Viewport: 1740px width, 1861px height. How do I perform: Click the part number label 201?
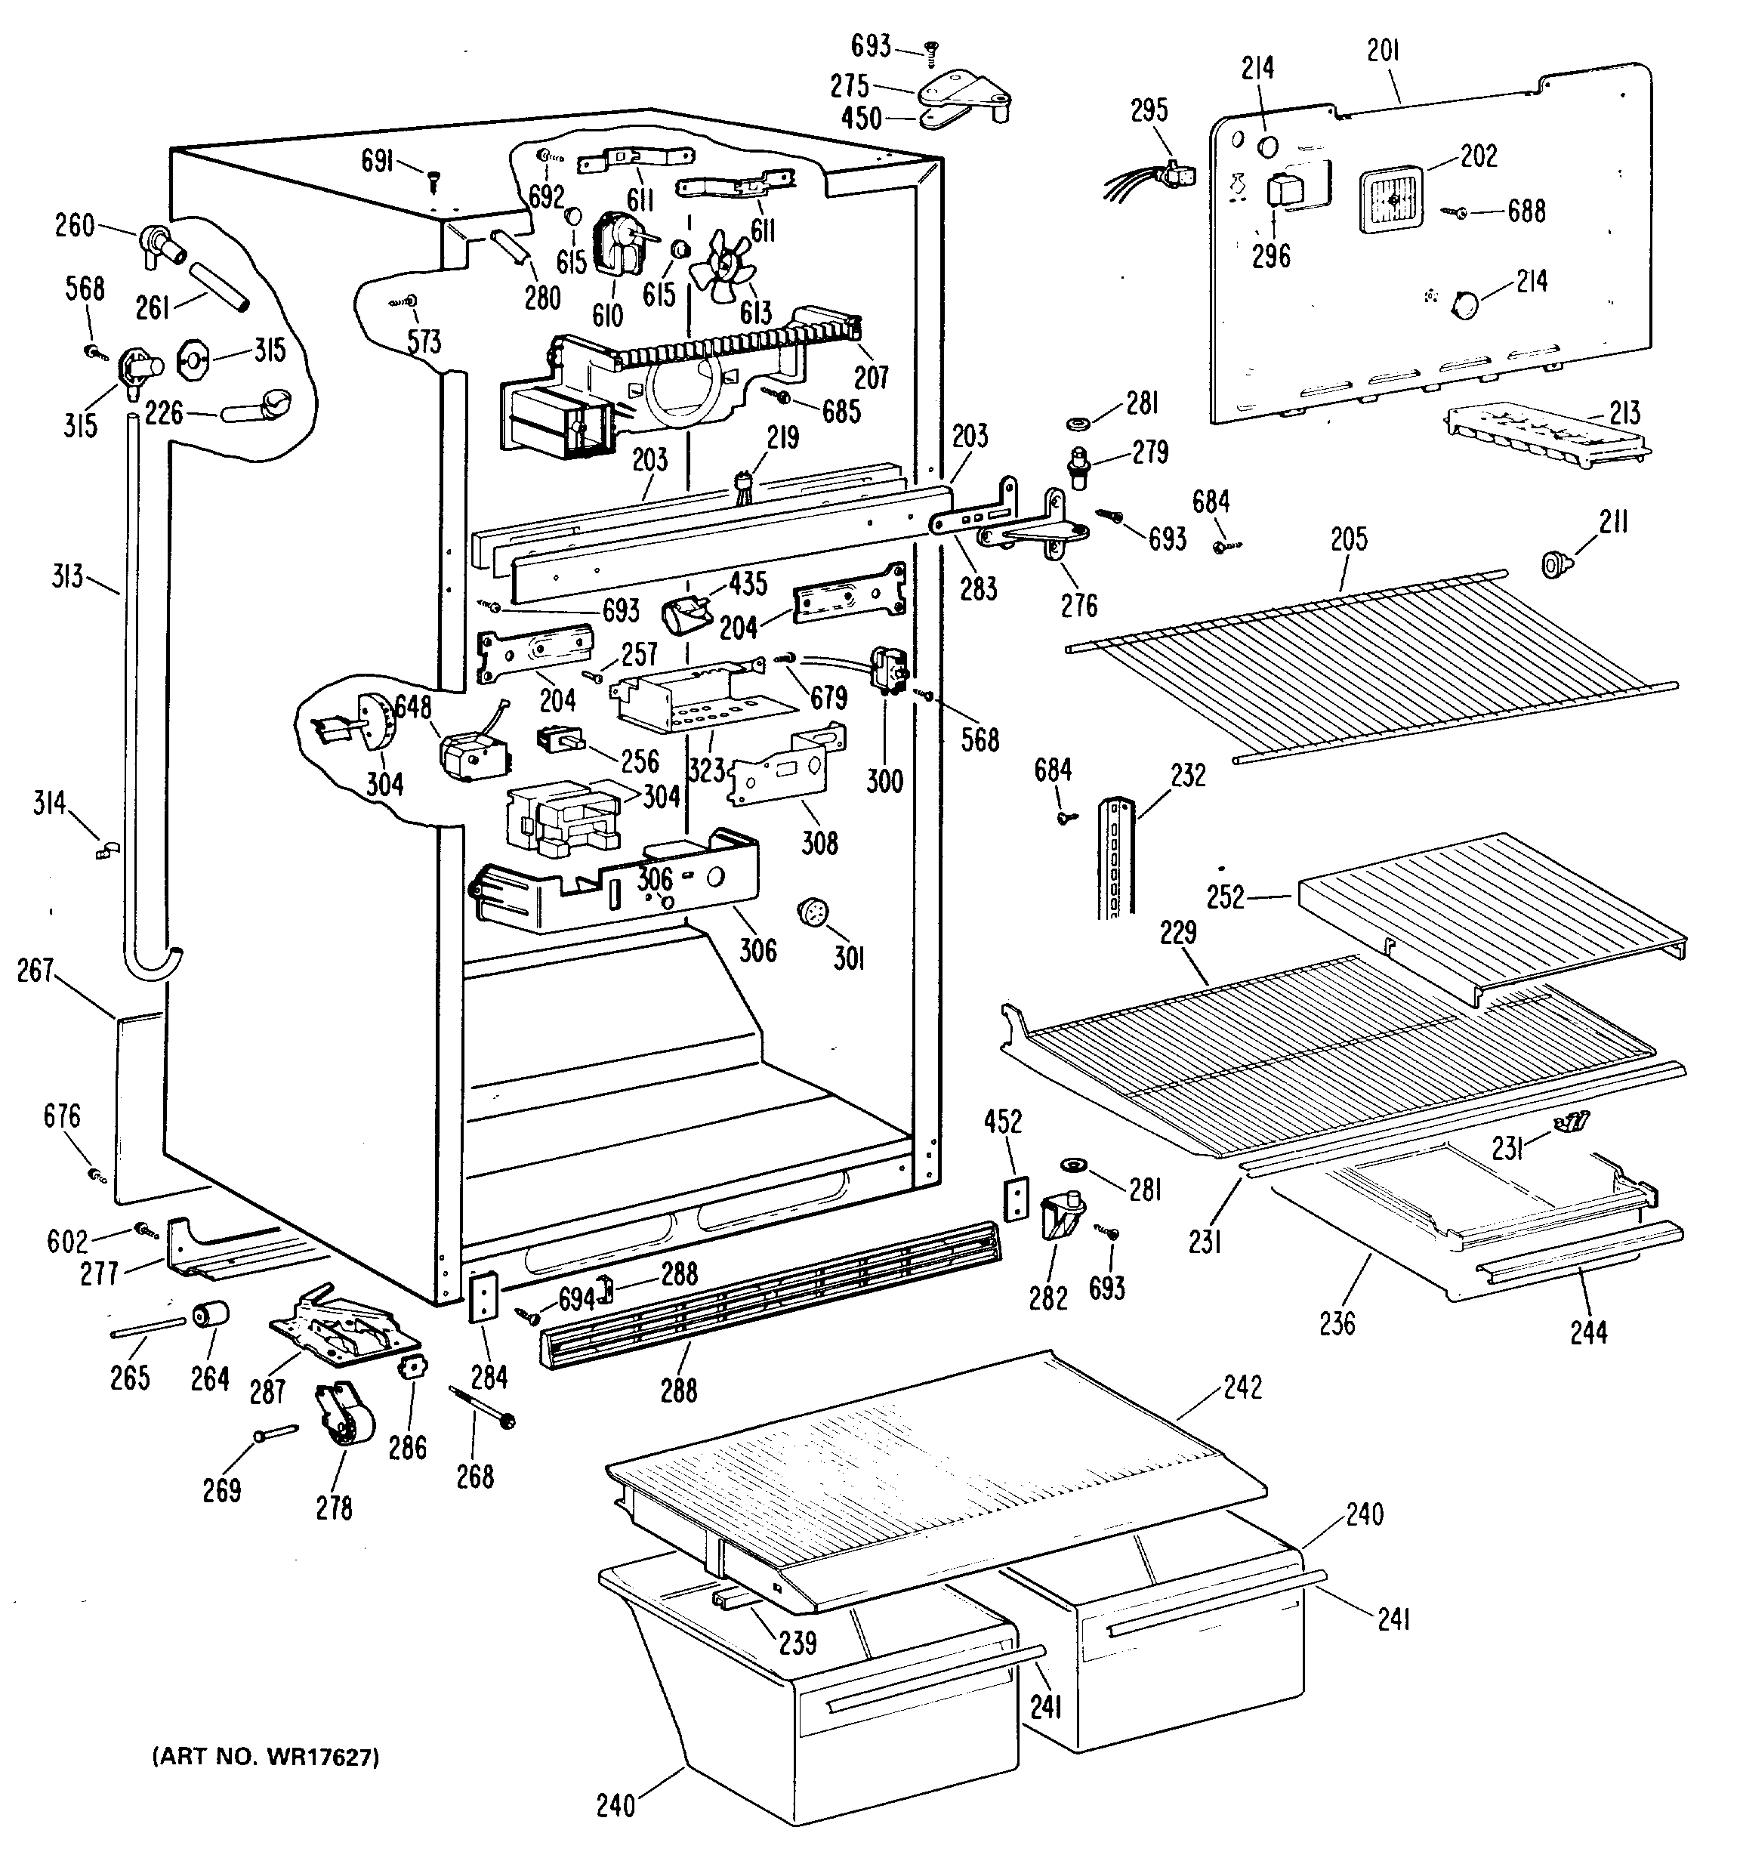(1383, 52)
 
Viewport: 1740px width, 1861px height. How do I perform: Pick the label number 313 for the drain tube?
(67, 576)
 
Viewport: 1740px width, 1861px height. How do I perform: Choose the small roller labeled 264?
(210, 1315)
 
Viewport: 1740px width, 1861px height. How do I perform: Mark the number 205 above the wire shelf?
(1348, 539)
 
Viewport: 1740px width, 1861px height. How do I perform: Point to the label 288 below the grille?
(679, 1391)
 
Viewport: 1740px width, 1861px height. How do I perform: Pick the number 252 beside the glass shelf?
(1225, 897)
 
